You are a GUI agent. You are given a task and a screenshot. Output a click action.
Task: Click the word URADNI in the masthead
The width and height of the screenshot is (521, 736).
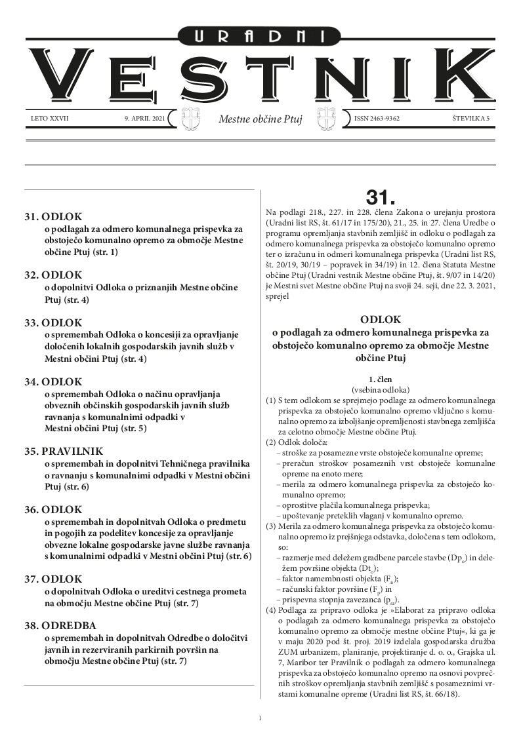coord(260,37)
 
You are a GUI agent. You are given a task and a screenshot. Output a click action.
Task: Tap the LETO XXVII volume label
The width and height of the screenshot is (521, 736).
coord(50,119)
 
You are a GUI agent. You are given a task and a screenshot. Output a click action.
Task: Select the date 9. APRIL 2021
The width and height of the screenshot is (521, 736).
coord(144,119)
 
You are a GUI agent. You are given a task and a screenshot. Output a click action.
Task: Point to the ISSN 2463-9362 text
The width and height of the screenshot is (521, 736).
coord(376,119)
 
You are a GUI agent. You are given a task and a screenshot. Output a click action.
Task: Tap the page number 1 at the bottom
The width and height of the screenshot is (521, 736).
coord(260,719)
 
